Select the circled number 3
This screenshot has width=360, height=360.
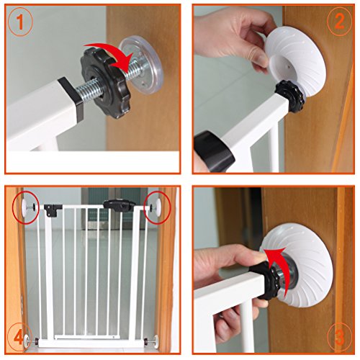340,336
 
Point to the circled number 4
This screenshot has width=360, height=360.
19,338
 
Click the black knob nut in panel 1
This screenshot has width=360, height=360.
106,83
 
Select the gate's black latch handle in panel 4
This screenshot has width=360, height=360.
119,205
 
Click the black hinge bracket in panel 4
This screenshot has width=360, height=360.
53,210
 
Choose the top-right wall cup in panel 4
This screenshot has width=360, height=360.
158,206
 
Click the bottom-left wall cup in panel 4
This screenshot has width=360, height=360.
28,341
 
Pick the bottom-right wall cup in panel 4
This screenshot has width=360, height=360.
156,341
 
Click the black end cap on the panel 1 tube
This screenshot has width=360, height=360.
71,98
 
